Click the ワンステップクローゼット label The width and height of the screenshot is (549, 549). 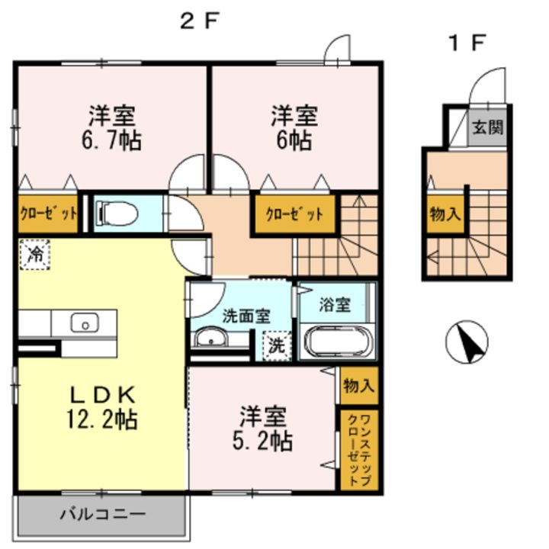(358, 449)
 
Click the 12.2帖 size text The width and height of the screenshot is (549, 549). (103, 418)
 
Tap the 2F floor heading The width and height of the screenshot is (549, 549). (199, 21)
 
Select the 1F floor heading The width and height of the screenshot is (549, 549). (466, 43)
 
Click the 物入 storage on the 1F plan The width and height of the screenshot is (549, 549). (445, 214)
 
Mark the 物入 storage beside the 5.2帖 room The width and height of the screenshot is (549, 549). (358, 385)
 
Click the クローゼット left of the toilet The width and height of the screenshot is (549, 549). (47, 213)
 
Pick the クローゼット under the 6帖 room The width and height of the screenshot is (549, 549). (294, 214)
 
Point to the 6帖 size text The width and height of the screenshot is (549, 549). (294, 140)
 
